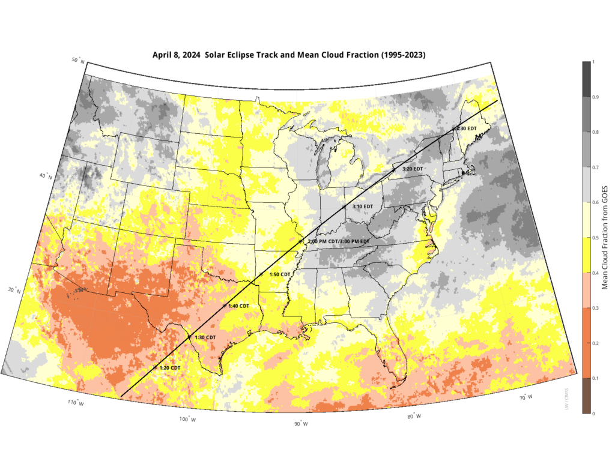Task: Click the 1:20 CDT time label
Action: click(169, 367)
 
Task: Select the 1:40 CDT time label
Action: click(238, 306)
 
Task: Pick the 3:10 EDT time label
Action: click(362, 206)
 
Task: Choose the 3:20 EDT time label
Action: click(413, 169)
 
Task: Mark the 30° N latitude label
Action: click(13, 291)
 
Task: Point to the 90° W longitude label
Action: click(300, 424)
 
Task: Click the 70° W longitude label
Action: click(526, 397)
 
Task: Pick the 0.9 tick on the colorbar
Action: click(593, 97)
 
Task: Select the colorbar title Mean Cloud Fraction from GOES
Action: click(606, 238)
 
